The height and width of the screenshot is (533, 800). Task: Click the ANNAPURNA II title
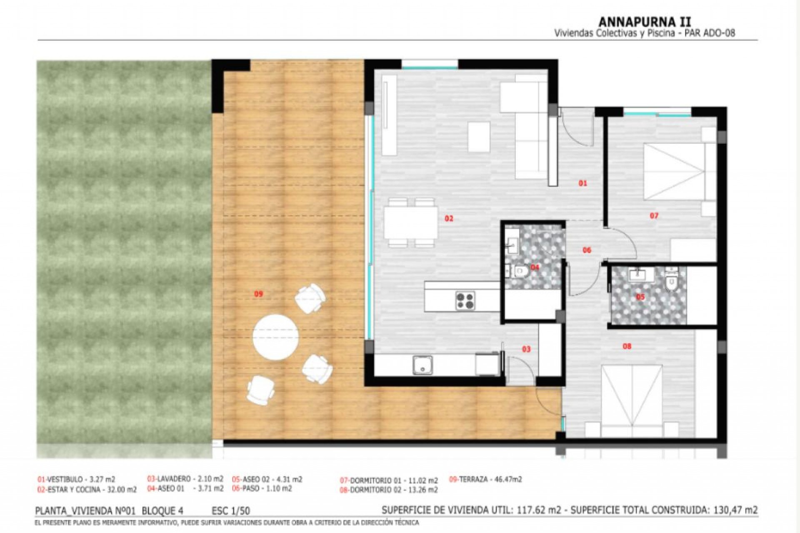pos(645,22)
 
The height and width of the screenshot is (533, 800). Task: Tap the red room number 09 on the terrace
pos(258,294)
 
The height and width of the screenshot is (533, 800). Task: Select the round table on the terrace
pos(275,337)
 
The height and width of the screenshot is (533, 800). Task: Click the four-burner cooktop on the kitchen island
pos(465,301)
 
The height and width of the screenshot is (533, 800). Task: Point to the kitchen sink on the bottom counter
pos(422,365)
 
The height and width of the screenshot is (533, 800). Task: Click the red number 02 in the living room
pos(449,218)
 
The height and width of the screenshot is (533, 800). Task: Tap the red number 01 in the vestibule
pos(582,183)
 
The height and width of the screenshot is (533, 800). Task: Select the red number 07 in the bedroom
pos(654,216)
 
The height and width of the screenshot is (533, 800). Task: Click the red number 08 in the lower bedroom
pos(627,346)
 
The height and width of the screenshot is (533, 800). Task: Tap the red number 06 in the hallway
pos(587,250)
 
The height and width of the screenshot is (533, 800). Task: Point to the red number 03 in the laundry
pos(526,349)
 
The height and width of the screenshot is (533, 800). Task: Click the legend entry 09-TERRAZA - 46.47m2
pos(485,479)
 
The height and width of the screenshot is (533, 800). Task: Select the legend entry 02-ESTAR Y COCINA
pos(87,490)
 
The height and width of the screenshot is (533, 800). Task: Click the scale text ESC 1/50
pos(231,511)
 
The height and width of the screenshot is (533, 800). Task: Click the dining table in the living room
pos(410,223)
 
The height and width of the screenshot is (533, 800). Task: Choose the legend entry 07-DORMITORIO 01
pos(389,481)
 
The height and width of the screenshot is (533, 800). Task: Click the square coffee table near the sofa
pos(479,137)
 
